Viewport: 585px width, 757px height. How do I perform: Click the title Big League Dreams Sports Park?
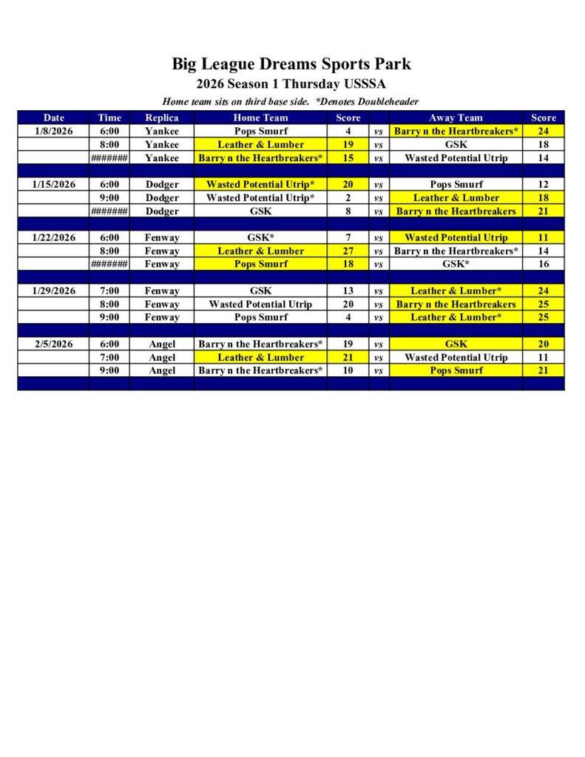click(291, 64)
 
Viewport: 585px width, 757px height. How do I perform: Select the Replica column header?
click(162, 118)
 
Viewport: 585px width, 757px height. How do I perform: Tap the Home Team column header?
click(260, 118)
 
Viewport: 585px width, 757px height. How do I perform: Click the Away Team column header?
click(456, 118)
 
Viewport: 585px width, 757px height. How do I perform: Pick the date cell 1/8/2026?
click(53, 131)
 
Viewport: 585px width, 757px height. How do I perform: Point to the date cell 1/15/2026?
click(53, 184)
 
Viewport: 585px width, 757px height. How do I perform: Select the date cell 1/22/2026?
click(53, 237)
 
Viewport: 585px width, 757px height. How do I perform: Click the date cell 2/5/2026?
click(53, 344)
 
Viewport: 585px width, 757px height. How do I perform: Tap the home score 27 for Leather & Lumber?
click(348, 251)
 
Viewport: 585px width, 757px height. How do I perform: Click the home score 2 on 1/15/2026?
click(348, 197)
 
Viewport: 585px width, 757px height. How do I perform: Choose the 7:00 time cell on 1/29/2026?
click(109, 291)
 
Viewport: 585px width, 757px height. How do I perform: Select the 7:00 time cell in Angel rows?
click(109, 357)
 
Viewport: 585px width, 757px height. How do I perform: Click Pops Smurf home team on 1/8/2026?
click(260, 131)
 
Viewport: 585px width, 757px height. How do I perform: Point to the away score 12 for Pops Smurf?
click(543, 184)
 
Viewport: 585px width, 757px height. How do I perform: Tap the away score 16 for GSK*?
click(543, 264)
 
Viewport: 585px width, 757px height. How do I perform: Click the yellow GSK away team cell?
click(456, 344)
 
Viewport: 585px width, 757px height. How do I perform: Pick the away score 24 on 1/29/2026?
click(543, 291)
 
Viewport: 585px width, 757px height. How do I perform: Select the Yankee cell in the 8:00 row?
click(162, 144)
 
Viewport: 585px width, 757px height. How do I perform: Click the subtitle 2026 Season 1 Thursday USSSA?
click(291, 84)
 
